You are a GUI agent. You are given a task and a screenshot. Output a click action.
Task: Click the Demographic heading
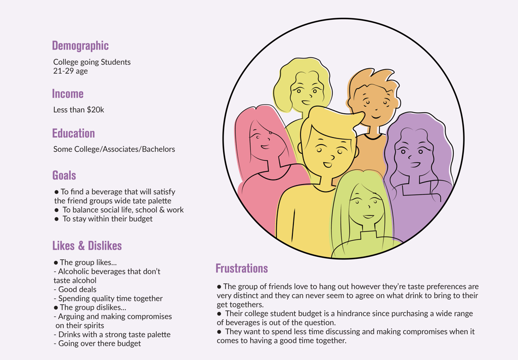[x=80, y=46]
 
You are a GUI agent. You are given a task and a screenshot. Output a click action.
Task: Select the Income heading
[x=68, y=94]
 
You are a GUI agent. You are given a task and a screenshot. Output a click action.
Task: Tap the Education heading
[x=73, y=133]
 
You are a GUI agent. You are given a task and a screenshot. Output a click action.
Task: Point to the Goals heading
[x=64, y=175]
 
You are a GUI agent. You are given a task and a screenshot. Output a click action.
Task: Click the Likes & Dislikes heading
[x=87, y=246]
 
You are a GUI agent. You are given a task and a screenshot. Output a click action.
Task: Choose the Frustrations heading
[x=241, y=268]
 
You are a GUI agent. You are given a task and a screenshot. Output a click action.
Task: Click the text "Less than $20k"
[x=78, y=110]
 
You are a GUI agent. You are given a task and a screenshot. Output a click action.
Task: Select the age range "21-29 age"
[x=70, y=71]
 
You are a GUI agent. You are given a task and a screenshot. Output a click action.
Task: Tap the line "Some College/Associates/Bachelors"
[x=114, y=149]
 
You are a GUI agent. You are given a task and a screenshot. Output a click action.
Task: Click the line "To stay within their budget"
[x=107, y=219]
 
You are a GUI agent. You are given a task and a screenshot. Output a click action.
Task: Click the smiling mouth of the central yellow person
[x=328, y=164]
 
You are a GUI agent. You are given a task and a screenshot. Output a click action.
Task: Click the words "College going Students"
[x=92, y=62]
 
